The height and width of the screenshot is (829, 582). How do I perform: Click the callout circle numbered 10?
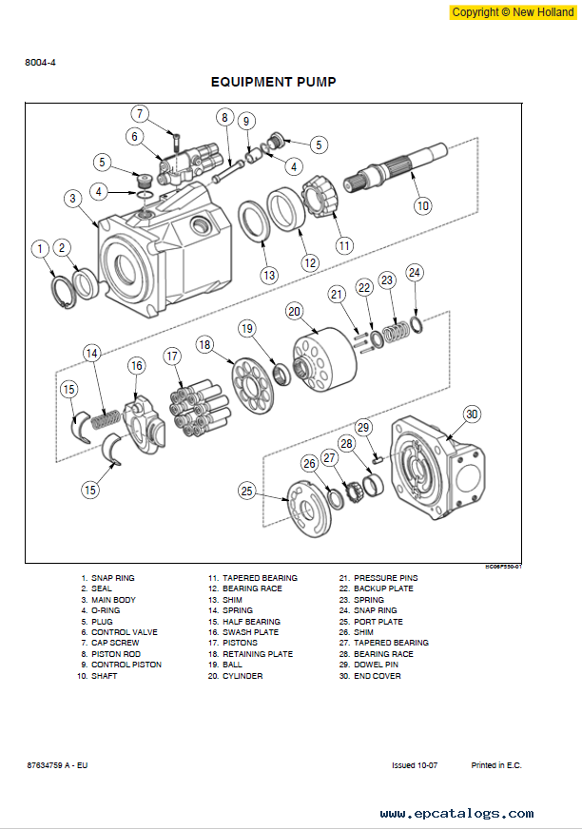(423, 205)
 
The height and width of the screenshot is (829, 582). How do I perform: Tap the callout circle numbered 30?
(472, 414)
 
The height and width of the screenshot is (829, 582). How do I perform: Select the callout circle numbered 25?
(246, 491)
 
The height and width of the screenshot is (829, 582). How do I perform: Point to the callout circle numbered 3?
(73, 199)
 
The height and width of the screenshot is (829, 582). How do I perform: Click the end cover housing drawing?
(437, 468)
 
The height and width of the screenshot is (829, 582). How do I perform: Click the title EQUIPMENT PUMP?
(274, 82)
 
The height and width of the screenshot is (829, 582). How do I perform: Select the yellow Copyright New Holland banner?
(513, 12)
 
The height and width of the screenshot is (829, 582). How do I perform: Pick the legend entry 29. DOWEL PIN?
(368, 665)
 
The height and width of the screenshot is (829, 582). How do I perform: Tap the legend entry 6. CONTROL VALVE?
(119, 632)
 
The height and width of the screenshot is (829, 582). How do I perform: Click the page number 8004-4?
(40, 63)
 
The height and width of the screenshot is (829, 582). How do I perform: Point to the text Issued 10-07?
(415, 765)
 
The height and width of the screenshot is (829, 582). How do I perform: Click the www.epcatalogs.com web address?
(456, 813)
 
